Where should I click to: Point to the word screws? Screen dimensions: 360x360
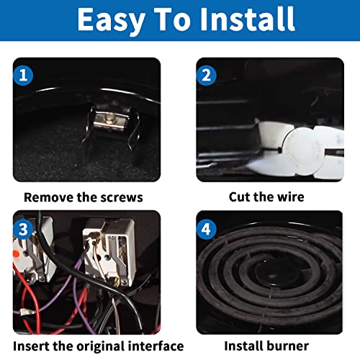[x=120, y=197]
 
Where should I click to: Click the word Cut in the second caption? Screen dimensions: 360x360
[x=243, y=197]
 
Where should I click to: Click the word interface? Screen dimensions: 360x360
[x=153, y=346]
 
